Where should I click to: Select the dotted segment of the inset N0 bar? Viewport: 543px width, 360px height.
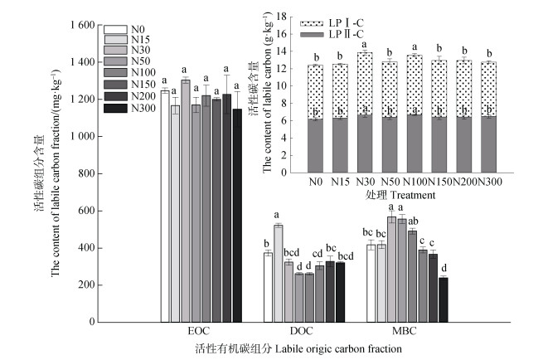point(314,92)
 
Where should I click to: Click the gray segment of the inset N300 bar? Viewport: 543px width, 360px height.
point(488,144)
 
